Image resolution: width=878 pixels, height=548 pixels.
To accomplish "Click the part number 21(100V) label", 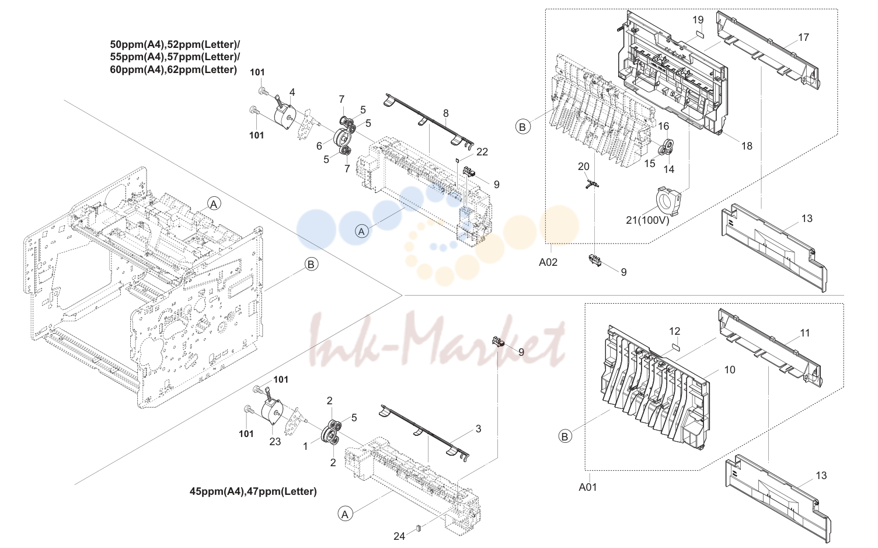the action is click(647, 220).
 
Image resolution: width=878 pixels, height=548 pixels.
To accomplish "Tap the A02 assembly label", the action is click(548, 262).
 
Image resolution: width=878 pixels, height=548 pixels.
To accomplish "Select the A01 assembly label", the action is click(587, 487).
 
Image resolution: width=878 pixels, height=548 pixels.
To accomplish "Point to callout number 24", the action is click(399, 536).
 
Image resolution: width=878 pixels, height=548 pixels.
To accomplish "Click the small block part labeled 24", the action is click(418, 528).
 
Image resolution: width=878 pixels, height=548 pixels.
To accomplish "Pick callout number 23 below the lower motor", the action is click(275, 442).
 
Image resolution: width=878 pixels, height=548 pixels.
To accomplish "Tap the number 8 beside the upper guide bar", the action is click(445, 113).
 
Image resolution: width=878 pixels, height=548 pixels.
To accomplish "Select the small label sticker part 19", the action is click(699, 34).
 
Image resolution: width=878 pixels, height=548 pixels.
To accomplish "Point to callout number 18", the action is click(747, 146).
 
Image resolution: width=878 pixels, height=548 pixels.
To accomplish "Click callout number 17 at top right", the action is click(803, 37).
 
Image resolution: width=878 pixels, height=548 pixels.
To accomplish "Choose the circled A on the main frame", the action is click(214, 204).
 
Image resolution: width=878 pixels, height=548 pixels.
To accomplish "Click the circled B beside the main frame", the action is click(311, 265).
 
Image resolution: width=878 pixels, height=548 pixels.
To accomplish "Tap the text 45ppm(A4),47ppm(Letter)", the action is click(253, 491).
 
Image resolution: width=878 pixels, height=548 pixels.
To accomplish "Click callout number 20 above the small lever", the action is click(583, 167).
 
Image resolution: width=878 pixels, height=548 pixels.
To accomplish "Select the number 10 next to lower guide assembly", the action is click(730, 369).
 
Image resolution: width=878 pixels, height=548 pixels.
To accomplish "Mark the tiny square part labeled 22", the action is click(457, 159).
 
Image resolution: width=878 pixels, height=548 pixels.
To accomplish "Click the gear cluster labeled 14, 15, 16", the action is click(666, 147).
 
